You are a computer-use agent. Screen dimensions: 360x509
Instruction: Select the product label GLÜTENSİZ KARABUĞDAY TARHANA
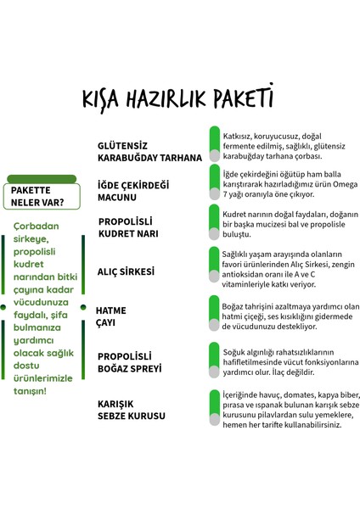[x=149, y=151]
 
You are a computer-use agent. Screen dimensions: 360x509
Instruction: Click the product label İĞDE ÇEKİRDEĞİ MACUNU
[x=134, y=191]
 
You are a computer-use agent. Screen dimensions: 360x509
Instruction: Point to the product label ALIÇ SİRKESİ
[x=126, y=272]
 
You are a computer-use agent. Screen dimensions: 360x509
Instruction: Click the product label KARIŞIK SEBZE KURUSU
[x=132, y=411]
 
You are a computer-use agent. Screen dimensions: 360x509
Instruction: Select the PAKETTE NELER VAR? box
[x=42, y=196]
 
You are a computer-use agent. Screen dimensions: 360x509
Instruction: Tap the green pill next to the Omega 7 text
[x=215, y=182]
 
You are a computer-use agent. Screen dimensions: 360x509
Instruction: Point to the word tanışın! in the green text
[x=31, y=391]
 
